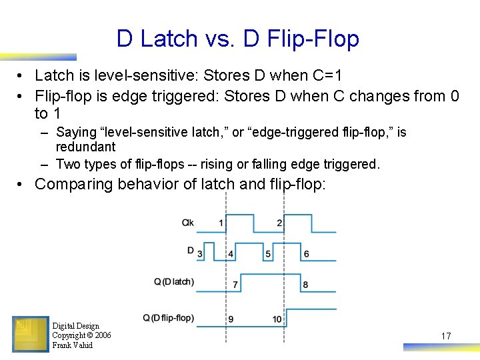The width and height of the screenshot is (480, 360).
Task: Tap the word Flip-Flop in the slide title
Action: [313, 39]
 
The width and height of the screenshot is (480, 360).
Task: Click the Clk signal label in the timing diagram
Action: [188, 223]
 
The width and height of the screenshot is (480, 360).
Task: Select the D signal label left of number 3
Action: [190, 251]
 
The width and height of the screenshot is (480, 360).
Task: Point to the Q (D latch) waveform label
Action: [174, 281]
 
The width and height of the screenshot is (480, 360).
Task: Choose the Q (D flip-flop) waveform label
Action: [169, 317]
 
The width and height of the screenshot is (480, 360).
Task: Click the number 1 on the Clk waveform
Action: [221, 223]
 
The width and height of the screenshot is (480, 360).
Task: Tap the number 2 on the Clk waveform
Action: [279, 223]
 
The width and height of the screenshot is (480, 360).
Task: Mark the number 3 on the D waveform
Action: [199, 254]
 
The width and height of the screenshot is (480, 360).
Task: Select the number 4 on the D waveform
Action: [231, 254]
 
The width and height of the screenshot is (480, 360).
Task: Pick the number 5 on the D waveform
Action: [268, 254]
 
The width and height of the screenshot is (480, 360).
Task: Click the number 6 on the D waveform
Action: [306, 254]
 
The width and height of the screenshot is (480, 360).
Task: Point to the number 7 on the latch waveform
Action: [235, 285]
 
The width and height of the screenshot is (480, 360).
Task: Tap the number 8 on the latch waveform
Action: [305, 285]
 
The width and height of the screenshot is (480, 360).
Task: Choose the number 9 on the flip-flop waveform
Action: [231, 319]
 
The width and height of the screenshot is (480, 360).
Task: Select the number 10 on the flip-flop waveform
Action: [277, 319]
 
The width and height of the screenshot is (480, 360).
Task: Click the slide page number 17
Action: [446, 336]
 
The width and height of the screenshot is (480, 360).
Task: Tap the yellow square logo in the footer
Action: [30, 333]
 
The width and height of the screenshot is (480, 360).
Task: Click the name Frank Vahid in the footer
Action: [72, 345]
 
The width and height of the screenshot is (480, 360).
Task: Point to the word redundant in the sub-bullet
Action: [85, 147]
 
